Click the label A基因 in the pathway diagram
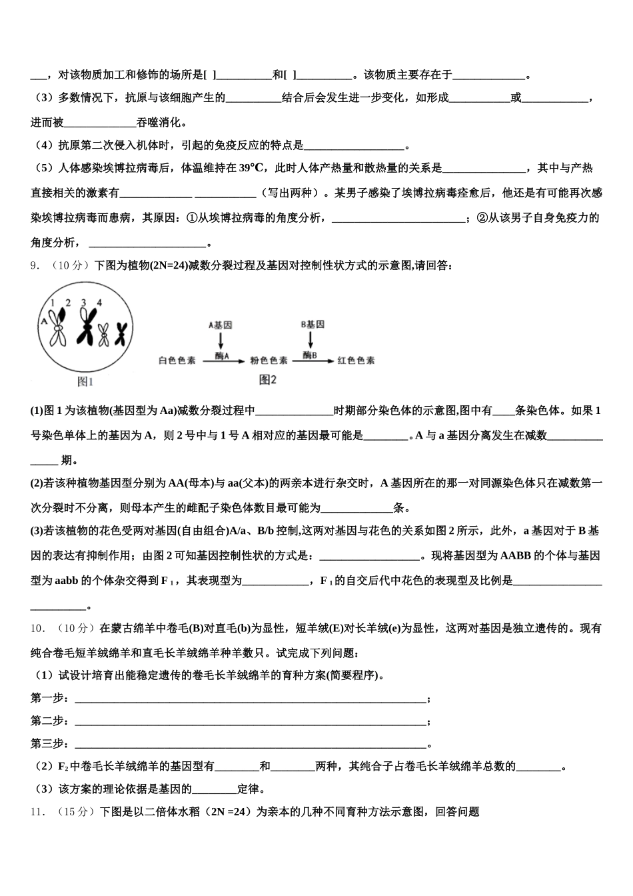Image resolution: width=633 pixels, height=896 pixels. tap(221, 325)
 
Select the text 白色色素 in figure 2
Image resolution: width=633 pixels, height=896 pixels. tap(177, 361)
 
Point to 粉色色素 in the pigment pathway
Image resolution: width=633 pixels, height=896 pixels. tap(269, 361)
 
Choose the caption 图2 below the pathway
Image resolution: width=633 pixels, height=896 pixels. tap(267, 380)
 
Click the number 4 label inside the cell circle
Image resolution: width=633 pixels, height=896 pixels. tap(99, 303)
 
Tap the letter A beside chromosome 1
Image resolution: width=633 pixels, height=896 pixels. tap(44, 320)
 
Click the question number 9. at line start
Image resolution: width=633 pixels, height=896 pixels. tap(35, 266)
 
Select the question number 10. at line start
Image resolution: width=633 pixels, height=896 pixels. tap(37, 628)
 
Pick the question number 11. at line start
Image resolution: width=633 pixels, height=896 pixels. tap(37, 812)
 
